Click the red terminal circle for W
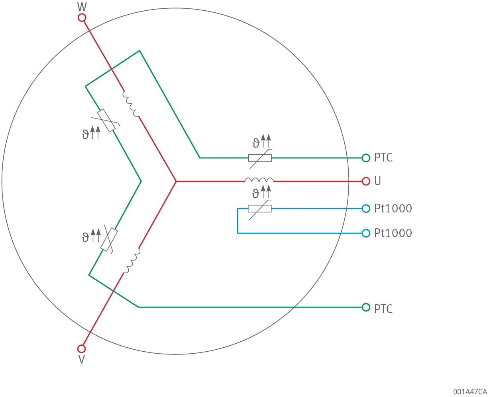pyautogui.click(x=82, y=18)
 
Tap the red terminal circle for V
pyautogui.click(x=81, y=349)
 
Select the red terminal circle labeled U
pyautogui.click(x=366, y=181)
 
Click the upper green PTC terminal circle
pyautogui.click(x=366, y=158)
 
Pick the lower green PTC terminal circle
pyautogui.click(x=366, y=307)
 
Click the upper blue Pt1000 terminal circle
pyautogui.click(x=366, y=209)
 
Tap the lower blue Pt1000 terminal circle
pyautogui.click(x=366, y=233)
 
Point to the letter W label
pyautogui.click(x=82, y=7)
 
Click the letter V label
pyautogui.click(x=81, y=360)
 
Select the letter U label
pyautogui.click(x=378, y=181)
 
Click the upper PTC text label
pyautogui.click(x=383, y=158)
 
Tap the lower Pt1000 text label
pyautogui.click(x=393, y=233)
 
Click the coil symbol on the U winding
pyautogui.click(x=259, y=180)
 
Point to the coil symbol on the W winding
pyautogui.click(x=131, y=104)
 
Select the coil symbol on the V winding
pyautogui.click(x=132, y=261)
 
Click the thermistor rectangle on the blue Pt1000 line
pyautogui.click(x=260, y=209)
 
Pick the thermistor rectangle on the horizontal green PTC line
pyautogui.click(x=260, y=158)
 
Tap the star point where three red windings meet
pyautogui.click(x=176, y=181)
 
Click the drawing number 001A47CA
pyautogui.click(x=470, y=391)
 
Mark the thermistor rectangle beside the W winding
pyautogui.click(x=106, y=121)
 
